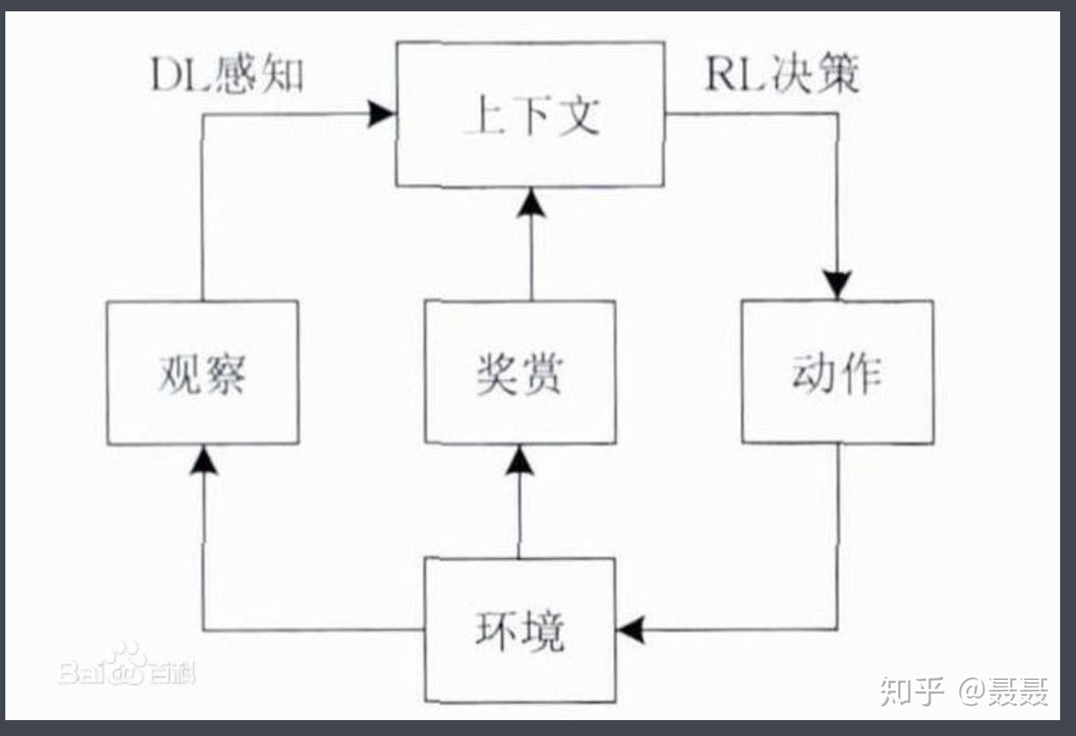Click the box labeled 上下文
(530, 114)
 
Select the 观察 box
(202, 373)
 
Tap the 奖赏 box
(520, 373)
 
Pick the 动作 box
(837, 372)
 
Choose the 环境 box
(520, 630)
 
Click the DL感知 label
(228, 75)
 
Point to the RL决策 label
(782, 75)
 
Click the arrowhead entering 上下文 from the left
(381, 114)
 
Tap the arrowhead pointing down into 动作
(838, 284)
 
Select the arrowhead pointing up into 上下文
(531, 204)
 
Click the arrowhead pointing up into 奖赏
(520, 460)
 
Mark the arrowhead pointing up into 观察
(203, 460)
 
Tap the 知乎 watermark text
(912, 691)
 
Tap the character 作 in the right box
(860, 373)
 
